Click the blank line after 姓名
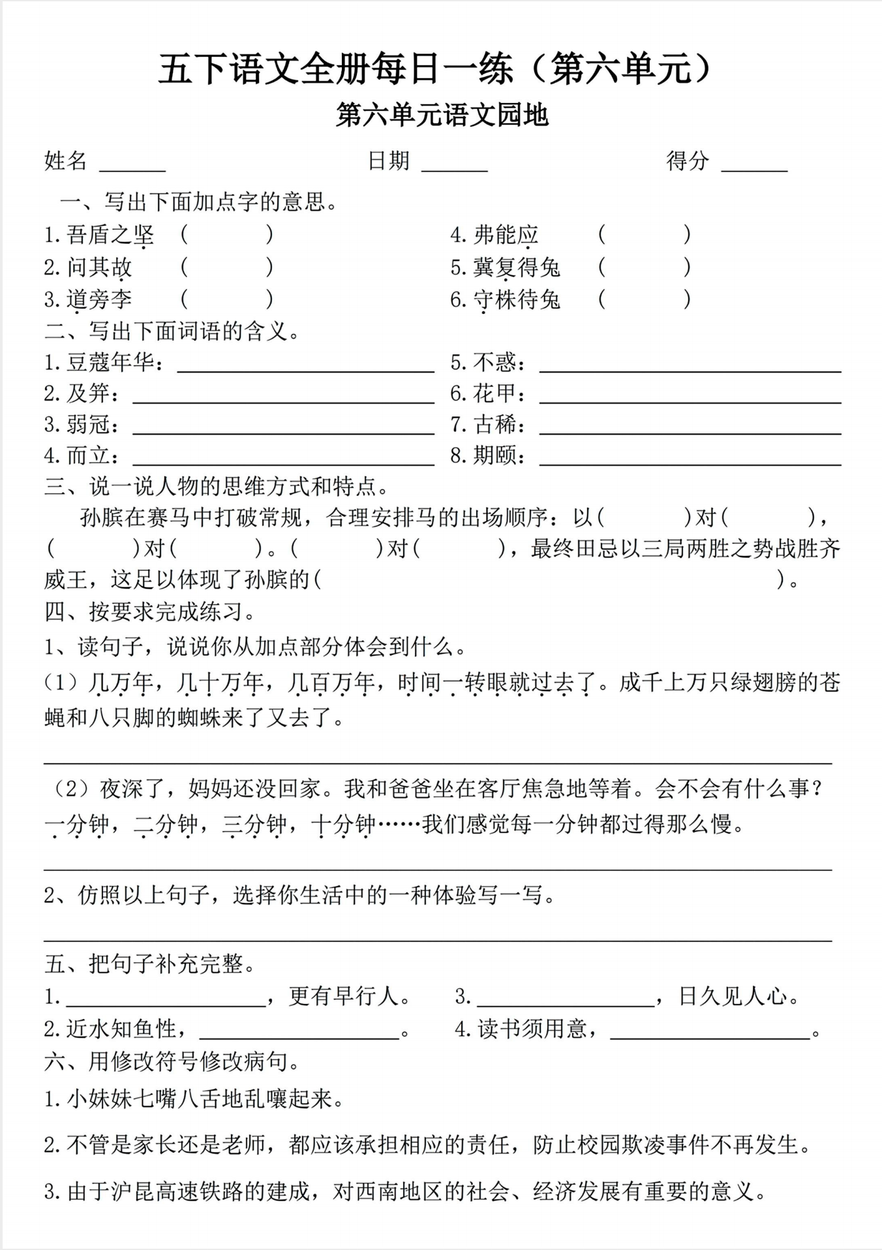pyautogui.click(x=132, y=168)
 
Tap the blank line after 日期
pyautogui.click(x=455, y=168)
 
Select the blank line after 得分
pyautogui.click(x=754, y=168)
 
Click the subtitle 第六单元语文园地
pyautogui.click(x=442, y=115)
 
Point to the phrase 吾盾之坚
pyautogui.click(x=110, y=235)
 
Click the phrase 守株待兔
pyautogui.click(x=516, y=300)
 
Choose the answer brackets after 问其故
pyautogui.click(x=226, y=267)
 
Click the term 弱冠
pyautogui.click(x=88, y=425)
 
